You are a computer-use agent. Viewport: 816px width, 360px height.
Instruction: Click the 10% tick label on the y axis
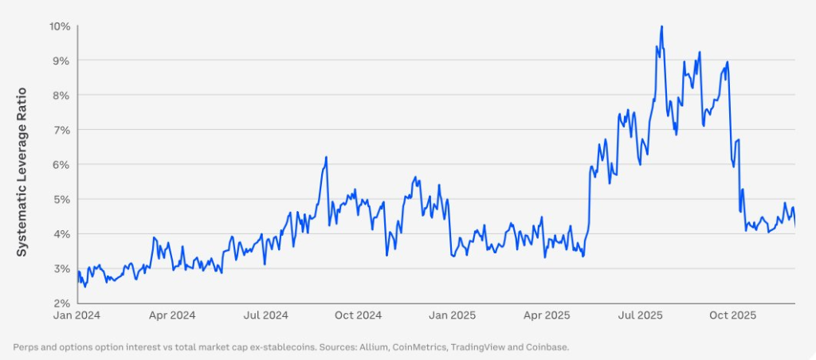(60, 26)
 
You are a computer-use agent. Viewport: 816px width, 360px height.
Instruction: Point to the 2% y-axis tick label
(62, 303)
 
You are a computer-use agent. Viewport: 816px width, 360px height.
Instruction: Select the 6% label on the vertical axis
(62, 165)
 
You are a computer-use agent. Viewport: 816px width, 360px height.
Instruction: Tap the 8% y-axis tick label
(62, 96)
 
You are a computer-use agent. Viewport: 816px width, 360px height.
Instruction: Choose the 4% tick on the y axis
(62, 234)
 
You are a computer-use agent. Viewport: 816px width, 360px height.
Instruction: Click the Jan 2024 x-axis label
(78, 315)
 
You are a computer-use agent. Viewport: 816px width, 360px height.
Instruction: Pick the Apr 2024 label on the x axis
(171, 315)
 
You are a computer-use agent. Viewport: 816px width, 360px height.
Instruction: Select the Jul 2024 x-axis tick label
(265, 315)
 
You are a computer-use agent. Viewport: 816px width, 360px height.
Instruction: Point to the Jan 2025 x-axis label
(452, 315)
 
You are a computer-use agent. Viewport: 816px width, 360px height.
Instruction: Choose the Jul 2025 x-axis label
(639, 315)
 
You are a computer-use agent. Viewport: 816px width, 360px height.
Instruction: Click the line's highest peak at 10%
(661, 26)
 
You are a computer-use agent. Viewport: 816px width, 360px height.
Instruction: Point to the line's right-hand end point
(794, 227)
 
